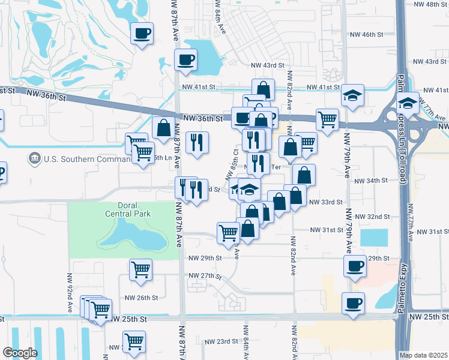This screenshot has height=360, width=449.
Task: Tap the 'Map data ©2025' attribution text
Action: tap(423, 355)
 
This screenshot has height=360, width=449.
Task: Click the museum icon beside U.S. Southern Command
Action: tap(34, 159)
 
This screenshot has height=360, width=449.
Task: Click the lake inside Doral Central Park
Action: tap(132, 235)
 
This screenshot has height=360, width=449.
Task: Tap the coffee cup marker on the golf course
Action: tap(142, 34)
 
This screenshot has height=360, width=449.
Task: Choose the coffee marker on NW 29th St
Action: tap(355, 266)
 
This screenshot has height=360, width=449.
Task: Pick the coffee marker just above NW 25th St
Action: tap(353, 304)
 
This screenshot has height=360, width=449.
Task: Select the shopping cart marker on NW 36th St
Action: tap(327, 119)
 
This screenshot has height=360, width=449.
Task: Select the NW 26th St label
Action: tap(141, 298)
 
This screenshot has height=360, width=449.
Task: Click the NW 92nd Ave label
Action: tap(70, 300)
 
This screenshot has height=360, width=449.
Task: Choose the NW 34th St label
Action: tap(368, 181)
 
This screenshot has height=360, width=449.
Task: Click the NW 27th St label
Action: tap(205, 276)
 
